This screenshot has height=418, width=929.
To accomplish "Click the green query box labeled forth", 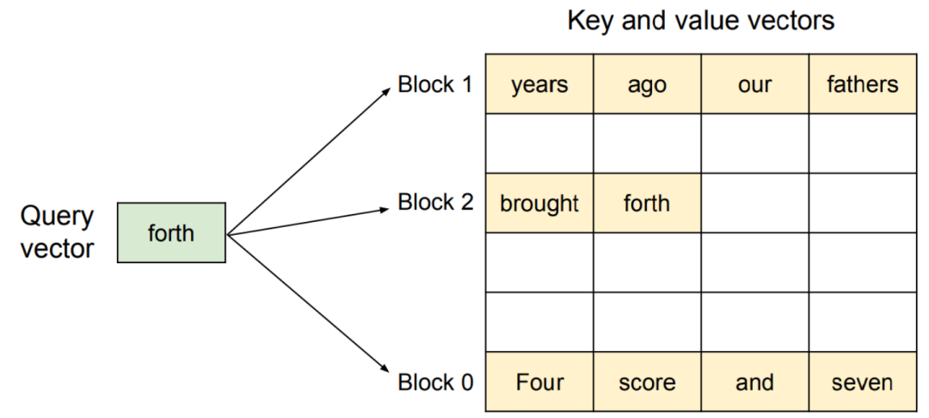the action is click(x=171, y=233).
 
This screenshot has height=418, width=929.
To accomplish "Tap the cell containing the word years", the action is click(x=539, y=84).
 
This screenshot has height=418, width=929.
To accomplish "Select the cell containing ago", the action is click(x=647, y=84).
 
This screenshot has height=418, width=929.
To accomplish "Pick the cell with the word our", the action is click(x=755, y=84).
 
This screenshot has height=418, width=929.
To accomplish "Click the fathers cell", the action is click(x=863, y=84).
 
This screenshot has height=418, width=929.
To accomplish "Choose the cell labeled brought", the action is click(x=539, y=203).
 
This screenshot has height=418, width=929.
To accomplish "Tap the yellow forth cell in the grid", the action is click(x=647, y=203).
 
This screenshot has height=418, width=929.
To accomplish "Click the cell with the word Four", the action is click(x=539, y=382).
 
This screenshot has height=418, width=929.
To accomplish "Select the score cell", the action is click(x=647, y=382).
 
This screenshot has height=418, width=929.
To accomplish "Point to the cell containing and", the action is click(x=755, y=382).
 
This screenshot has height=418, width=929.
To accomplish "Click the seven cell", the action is click(x=863, y=382).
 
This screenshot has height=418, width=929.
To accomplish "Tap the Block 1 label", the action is click(x=435, y=84).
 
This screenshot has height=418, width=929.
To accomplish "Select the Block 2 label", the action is click(x=435, y=202).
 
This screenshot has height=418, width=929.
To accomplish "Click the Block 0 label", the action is click(x=435, y=383).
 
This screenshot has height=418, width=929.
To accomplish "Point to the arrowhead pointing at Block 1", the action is click(x=387, y=90).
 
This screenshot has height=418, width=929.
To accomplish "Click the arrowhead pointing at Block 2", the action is click(x=386, y=209).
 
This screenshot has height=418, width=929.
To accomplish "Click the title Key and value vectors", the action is click(x=701, y=22).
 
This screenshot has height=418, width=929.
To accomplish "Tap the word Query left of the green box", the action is click(x=57, y=217).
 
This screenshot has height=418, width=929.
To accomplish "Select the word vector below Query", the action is click(x=58, y=249).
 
